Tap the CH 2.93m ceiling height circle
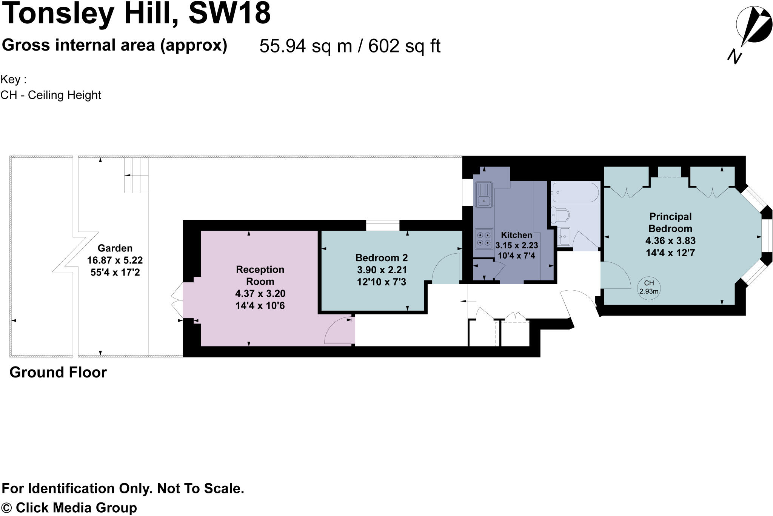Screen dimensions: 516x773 649,288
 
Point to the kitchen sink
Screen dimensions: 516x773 484,195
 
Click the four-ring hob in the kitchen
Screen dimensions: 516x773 484,239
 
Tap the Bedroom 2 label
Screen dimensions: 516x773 381,258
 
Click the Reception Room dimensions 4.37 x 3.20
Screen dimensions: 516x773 260,294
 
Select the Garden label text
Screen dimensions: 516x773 115,248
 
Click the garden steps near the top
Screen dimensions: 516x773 136,176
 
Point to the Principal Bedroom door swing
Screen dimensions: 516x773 614,276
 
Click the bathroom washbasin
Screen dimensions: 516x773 563,237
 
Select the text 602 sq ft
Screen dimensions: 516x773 404,46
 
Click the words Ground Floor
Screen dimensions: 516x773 58,373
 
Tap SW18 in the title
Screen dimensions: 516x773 229,13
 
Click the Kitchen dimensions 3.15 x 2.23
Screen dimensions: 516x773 516,245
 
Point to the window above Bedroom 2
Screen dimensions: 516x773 383,225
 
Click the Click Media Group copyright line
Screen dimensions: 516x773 69,507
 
